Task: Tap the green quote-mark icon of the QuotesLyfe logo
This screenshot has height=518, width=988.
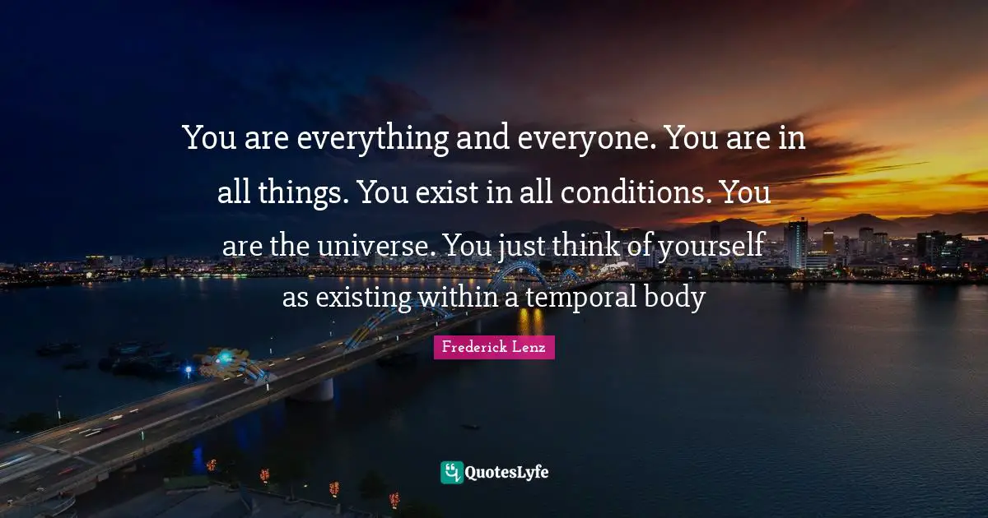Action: (x=452, y=473)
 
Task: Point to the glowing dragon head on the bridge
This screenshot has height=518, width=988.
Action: (x=221, y=358)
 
